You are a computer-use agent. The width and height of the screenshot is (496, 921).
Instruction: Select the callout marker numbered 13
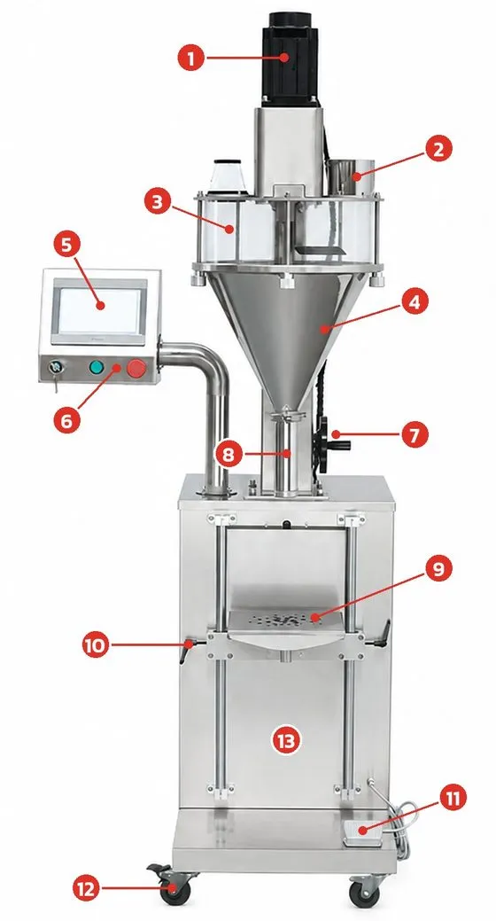(x=286, y=741)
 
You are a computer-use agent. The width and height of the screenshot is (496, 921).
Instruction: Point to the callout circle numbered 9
(x=439, y=570)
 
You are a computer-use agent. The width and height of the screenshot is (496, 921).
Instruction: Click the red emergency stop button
(x=136, y=368)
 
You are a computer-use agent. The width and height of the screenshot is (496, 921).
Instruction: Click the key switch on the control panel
(x=57, y=368)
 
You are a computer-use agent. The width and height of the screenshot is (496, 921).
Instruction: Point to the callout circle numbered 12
(x=87, y=889)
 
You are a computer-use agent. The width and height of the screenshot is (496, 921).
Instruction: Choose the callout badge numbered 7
(x=415, y=435)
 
